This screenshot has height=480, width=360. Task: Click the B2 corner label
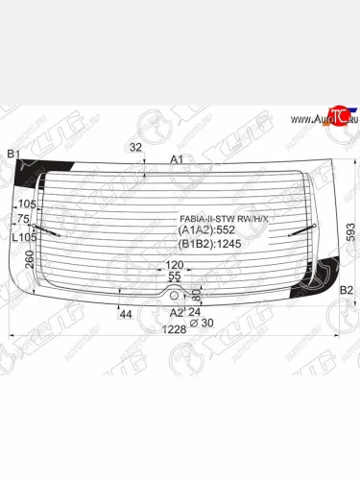tap(348, 290)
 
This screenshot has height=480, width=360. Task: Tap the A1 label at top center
tap(177, 159)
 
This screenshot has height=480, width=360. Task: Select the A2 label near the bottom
tap(176, 312)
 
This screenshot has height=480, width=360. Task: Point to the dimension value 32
tap(135, 147)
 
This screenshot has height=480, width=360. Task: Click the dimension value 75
tap(23, 217)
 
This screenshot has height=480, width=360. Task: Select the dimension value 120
tap(174, 265)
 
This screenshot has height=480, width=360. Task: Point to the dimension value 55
tap(175, 276)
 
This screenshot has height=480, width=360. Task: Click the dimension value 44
tap(125, 314)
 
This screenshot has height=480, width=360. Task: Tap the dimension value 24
tap(195, 311)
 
